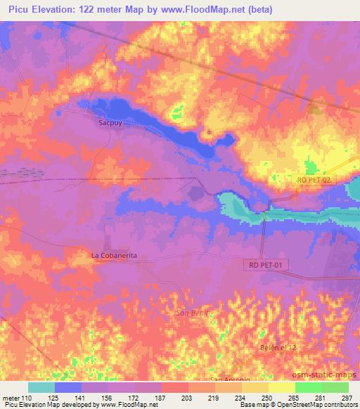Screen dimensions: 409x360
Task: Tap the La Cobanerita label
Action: [113, 256]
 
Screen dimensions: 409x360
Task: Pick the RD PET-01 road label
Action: [268, 265]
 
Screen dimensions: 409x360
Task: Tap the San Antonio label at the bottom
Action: [231, 379]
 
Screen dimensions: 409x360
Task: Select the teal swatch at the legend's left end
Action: [41, 387]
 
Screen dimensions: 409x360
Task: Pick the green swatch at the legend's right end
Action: [335, 387]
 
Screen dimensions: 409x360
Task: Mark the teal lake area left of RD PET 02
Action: [232, 205]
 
